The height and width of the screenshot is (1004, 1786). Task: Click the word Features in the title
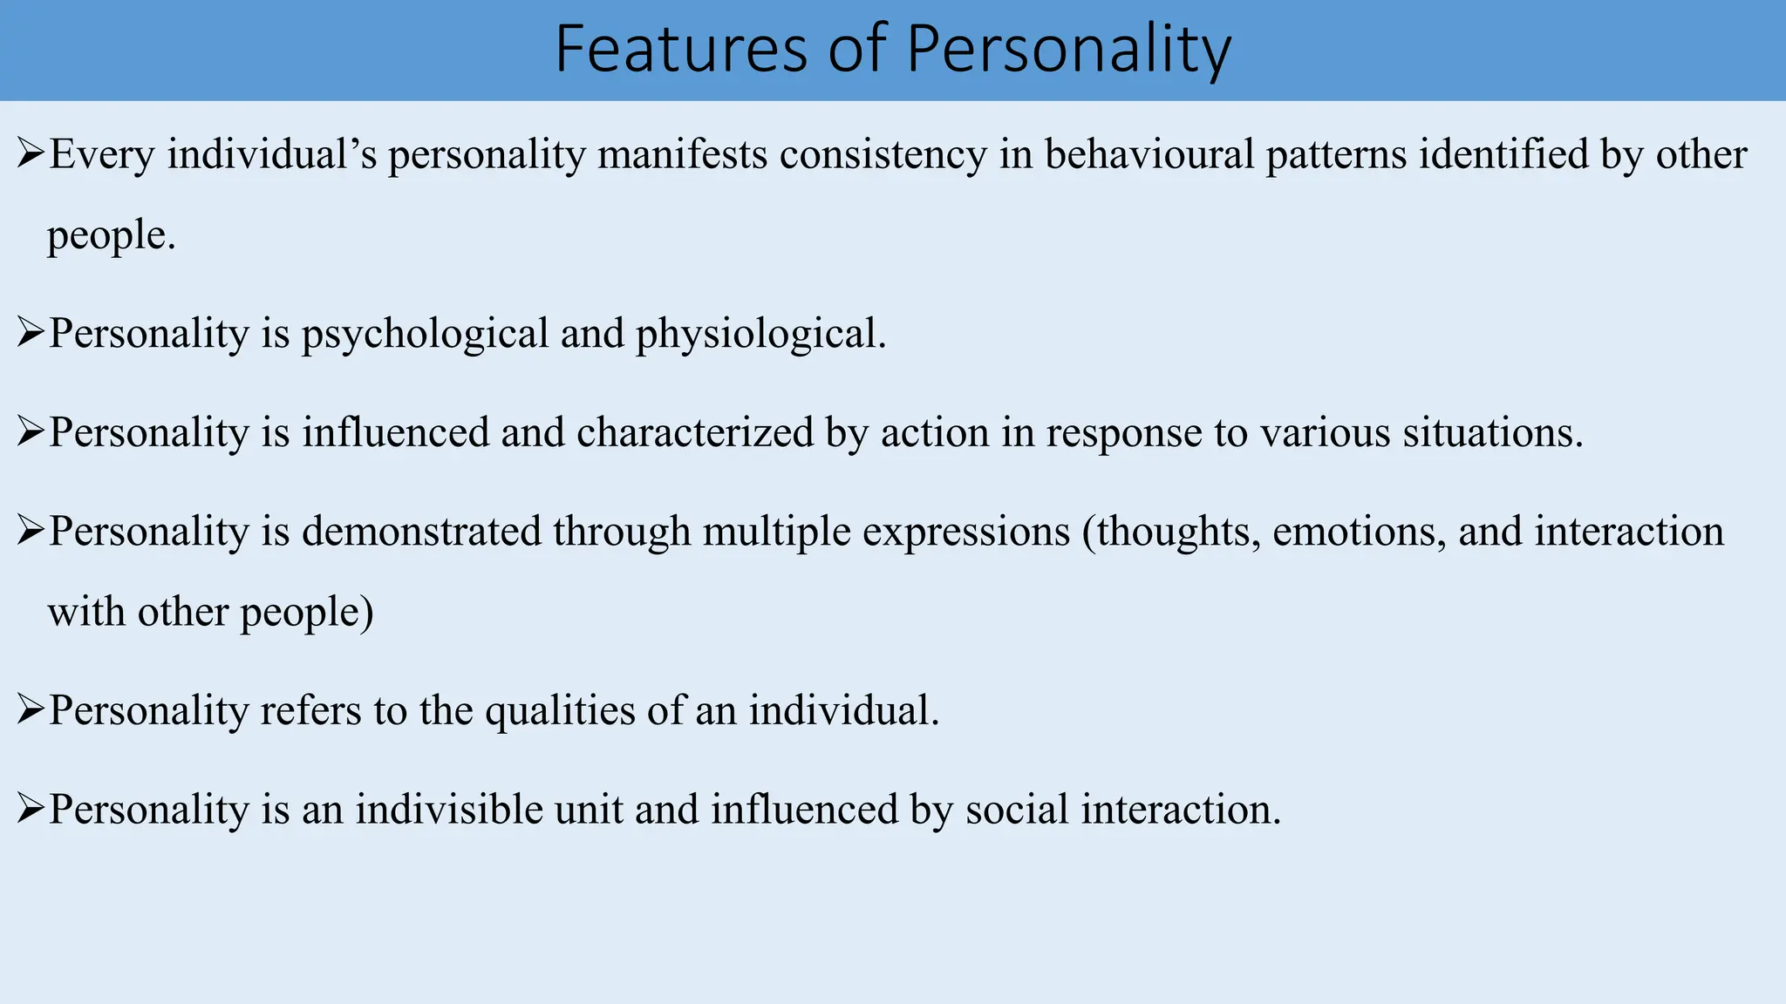click(681, 50)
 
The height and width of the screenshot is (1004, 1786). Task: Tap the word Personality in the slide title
click(1068, 50)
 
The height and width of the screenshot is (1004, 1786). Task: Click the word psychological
click(425, 335)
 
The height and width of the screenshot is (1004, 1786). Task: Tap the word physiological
click(760, 335)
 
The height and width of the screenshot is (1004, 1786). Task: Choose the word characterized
click(695, 433)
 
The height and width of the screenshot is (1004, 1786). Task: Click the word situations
click(1492, 433)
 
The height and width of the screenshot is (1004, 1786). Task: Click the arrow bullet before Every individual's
click(31, 155)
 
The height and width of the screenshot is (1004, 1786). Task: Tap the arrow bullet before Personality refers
click(31, 710)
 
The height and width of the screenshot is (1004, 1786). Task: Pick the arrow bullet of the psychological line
click(31, 333)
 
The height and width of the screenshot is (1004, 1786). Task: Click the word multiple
click(776, 533)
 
